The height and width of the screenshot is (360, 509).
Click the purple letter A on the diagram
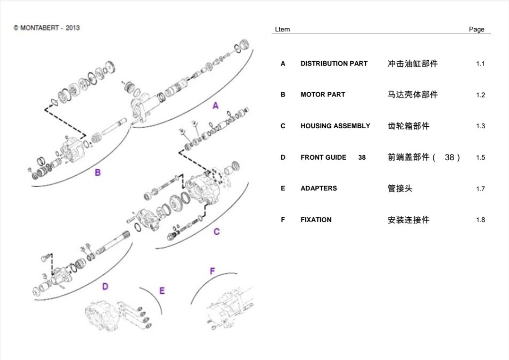(x=215, y=105)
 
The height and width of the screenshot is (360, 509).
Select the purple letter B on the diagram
(x=98, y=173)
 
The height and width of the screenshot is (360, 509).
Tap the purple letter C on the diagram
(x=216, y=231)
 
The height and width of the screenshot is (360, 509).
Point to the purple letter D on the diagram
(x=105, y=286)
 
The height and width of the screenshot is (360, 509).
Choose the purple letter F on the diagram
(x=212, y=271)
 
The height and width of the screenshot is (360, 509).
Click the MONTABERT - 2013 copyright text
(x=47, y=28)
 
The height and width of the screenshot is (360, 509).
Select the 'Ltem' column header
(x=282, y=29)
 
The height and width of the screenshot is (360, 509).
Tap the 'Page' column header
(x=476, y=29)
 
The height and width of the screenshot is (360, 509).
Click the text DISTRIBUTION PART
(x=334, y=64)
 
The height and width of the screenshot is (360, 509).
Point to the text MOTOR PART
(x=322, y=94)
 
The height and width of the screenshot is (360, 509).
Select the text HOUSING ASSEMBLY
(x=335, y=126)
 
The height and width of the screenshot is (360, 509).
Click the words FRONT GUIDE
(x=323, y=157)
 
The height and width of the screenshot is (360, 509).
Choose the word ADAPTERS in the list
(x=318, y=188)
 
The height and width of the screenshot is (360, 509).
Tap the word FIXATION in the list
(x=315, y=220)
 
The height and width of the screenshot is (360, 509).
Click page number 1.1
(x=480, y=64)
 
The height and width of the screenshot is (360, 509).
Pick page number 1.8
(x=480, y=220)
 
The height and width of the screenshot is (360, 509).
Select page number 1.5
(x=480, y=158)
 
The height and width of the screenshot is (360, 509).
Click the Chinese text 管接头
(x=400, y=188)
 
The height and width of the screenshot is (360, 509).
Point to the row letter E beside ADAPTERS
(x=283, y=188)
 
